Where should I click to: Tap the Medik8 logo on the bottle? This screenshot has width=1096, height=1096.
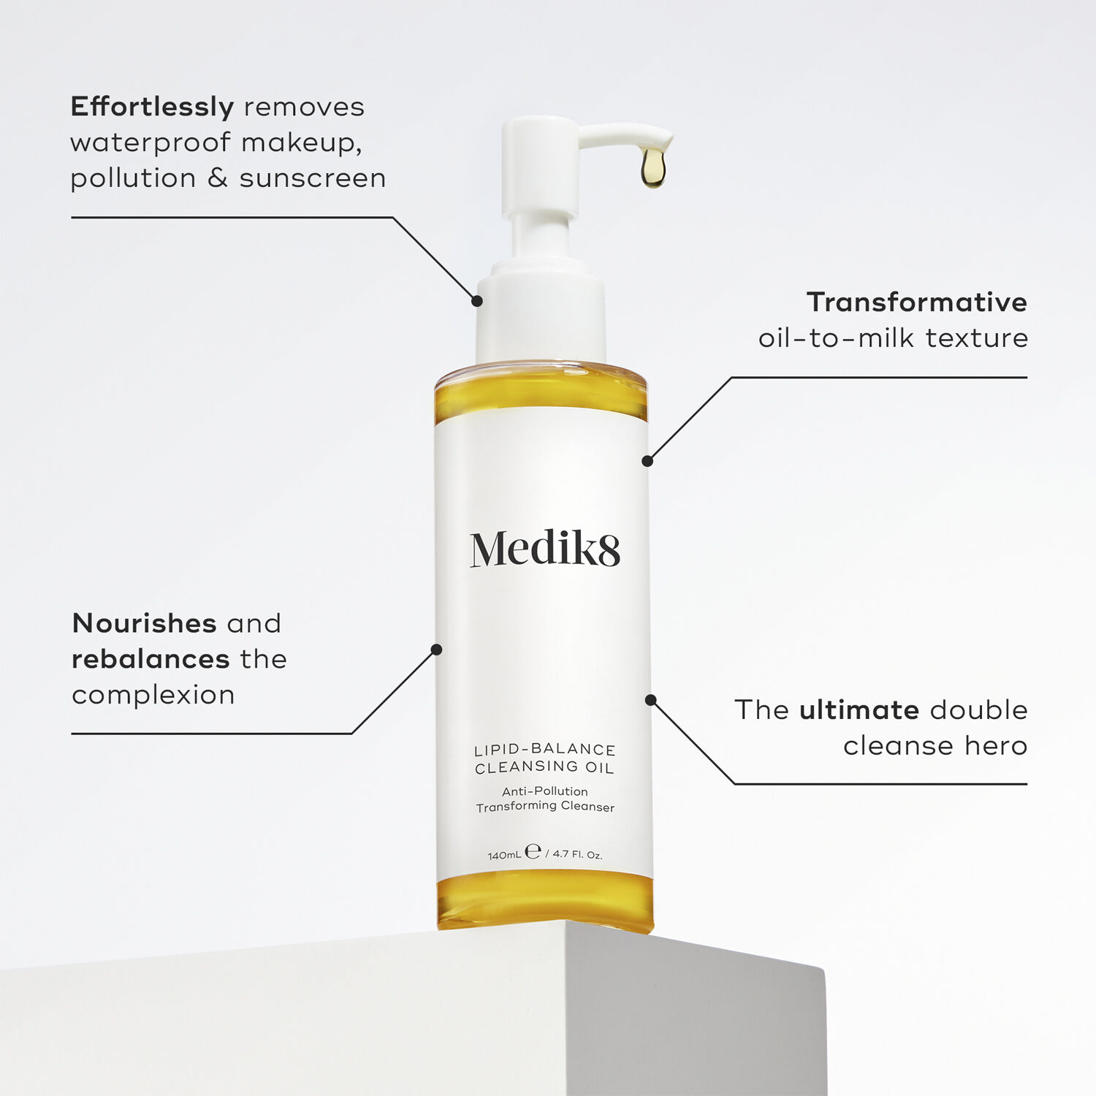(x=545, y=549)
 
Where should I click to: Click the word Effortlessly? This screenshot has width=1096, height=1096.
(x=152, y=107)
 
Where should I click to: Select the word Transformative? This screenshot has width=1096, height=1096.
(x=916, y=302)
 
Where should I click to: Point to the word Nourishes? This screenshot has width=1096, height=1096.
(x=144, y=623)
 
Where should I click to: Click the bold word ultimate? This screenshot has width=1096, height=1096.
(x=859, y=709)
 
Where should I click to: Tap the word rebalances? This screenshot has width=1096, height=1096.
(x=151, y=659)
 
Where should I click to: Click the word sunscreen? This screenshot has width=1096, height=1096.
(x=313, y=178)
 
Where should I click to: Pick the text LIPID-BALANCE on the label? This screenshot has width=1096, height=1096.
(x=545, y=750)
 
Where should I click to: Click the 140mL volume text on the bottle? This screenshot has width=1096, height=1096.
(x=504, y=855)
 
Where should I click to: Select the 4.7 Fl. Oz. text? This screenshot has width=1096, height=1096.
(x=577, y=854)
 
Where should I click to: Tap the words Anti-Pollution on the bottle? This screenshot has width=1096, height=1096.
(x=545, y=791)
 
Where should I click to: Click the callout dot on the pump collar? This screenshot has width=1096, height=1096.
(x=477, y=300)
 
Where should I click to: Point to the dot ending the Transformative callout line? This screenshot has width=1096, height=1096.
(x=647, y=461)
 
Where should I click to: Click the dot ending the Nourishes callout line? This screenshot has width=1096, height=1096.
(x=437, y=650)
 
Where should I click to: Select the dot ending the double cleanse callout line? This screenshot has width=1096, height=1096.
(x=650, y=700)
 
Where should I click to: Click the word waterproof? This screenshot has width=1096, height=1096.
(x=151, y=142)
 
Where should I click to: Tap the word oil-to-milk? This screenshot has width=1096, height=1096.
(x=836, y=338)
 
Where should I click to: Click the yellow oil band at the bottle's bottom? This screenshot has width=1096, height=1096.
(x=545, y=902)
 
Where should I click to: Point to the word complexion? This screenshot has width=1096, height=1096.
(x=153, y=695)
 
